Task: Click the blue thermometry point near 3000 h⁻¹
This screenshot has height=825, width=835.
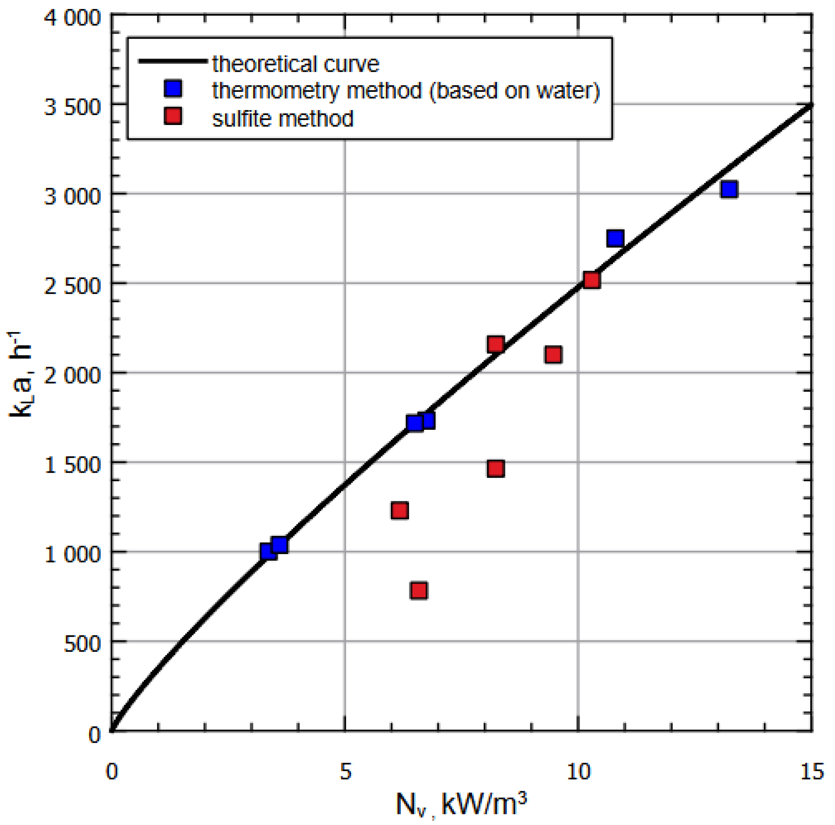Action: coord(729,189)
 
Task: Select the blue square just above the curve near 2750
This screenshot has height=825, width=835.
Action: coord(615,238)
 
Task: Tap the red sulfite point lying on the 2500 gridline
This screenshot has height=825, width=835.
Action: coord(591,280)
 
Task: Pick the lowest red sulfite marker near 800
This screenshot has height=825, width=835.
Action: coord(419,590)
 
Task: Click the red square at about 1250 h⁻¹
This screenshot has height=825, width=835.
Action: coord(400,511)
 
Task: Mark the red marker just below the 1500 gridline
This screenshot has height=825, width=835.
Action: coord(495,468)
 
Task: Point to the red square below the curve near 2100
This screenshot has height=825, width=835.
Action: coord(553,355)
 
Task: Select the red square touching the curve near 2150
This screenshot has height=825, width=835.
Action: coord(495,344)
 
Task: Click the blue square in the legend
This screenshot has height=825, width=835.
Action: coord(173,89)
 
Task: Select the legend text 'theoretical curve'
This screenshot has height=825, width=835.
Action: coord(296,64)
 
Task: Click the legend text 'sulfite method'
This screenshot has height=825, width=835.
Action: coord(283,118)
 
